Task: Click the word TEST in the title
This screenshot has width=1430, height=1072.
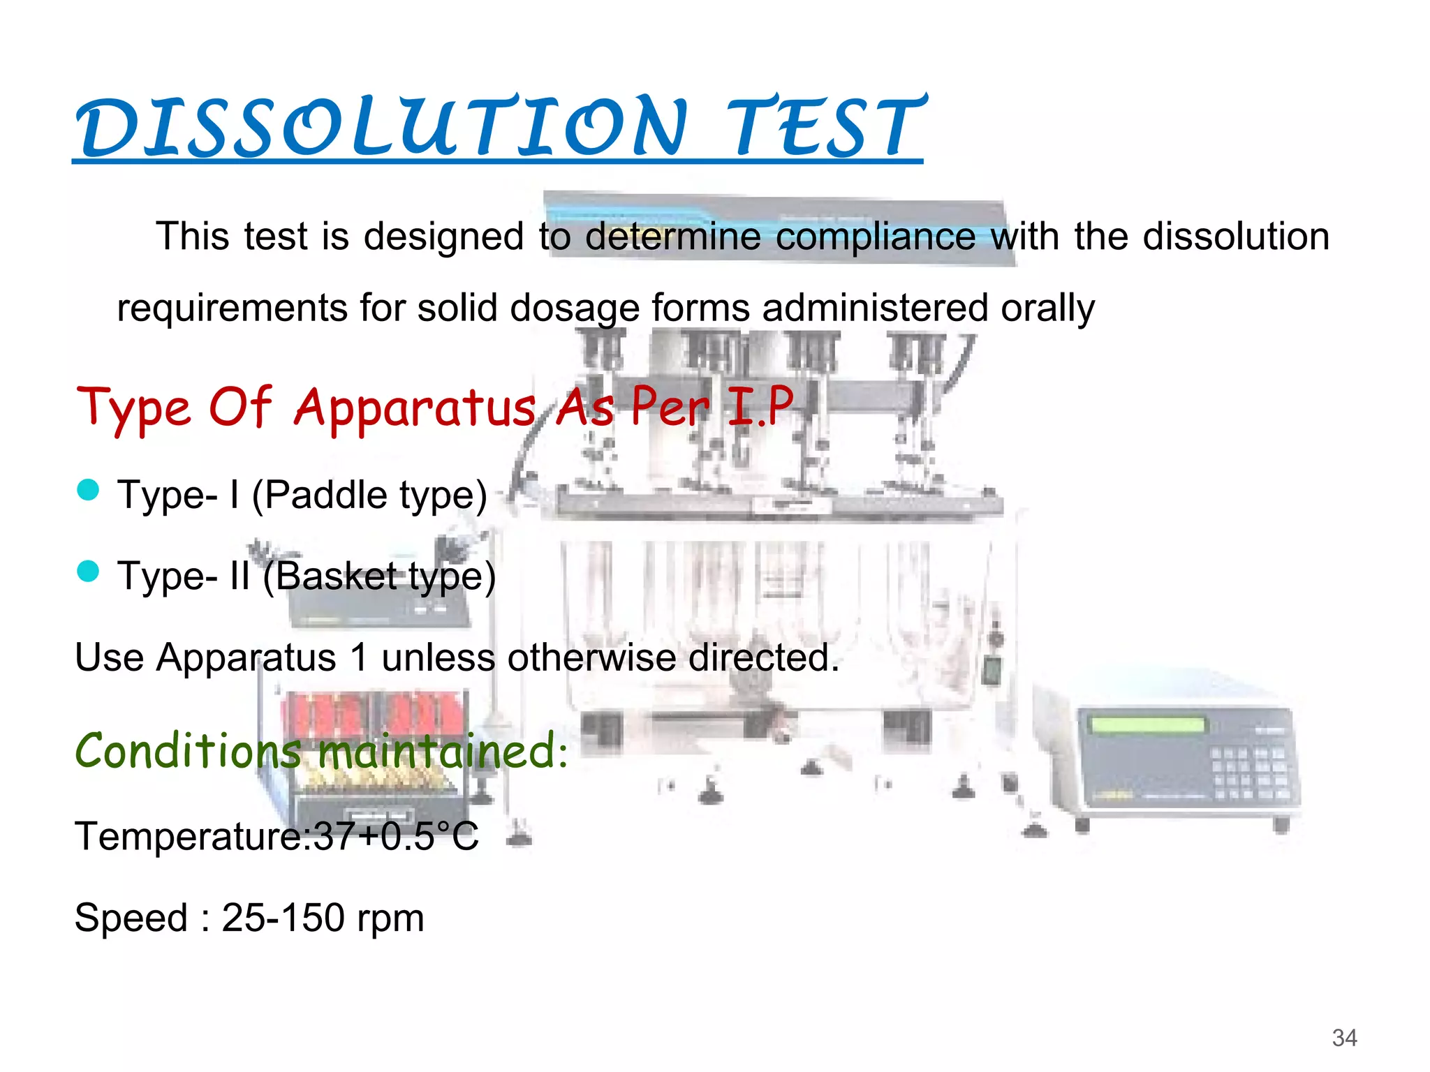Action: pyautogui.click(x=824, y=128)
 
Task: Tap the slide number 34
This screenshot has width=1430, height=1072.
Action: pyautogui.click(x=1344, y=1038)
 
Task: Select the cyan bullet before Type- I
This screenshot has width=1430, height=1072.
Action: pyautogui.click(x=88, y=490)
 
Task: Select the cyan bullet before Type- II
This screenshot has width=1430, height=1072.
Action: pyautogui.click(x=88, y=572)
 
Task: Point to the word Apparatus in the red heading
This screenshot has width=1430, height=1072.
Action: pyautogui.click(x=415, y=408)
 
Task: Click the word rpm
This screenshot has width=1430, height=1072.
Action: pyautogui.click(x=390, y=920)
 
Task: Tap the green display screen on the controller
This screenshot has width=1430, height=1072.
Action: pyautogui.click(x=1148, y=724)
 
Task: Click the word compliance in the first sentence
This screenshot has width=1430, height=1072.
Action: pyautogui.click(x=875, y=237)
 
